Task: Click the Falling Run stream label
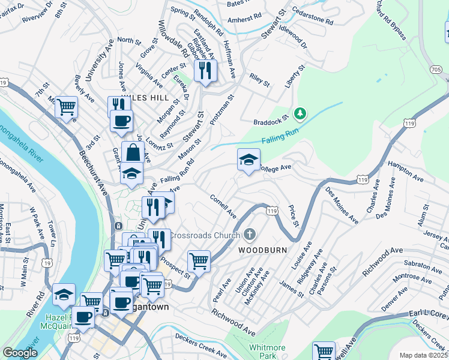(279, 139)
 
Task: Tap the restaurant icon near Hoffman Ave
(205, 71)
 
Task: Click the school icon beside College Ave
(249, 160)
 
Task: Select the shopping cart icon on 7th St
(67, 107)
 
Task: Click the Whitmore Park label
(268, 351)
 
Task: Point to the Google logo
(20, 352)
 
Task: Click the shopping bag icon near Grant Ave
(133, 152)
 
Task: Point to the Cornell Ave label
(223, 206)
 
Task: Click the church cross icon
(250, 235)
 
